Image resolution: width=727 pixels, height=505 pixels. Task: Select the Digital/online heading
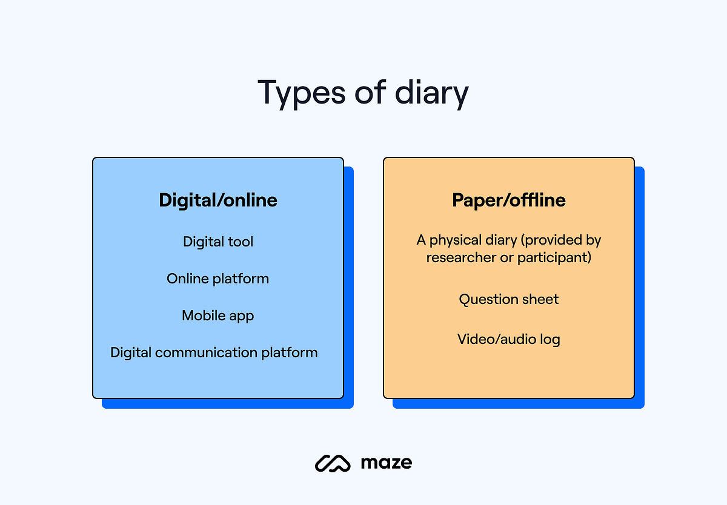click(x=218, y=200)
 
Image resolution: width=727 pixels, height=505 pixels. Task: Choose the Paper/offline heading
click(x=509, y=200)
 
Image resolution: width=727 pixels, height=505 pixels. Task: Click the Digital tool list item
click(x=218, y=242)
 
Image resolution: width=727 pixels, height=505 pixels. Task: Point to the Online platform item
click(x=218, y=279)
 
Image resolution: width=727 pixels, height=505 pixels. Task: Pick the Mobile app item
click(x=218, y=315)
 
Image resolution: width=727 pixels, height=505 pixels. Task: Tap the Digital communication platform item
click(x=214, y=352)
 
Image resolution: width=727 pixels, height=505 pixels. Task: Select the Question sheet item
click(x=509, y=299)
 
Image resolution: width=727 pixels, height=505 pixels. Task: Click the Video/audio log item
click(x=509, y=339)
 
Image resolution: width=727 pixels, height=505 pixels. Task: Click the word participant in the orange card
click(x=554, y=257)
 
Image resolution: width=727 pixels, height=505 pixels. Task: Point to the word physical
click(x=457, y=240)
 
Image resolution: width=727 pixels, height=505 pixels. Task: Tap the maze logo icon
click(x=333, y=463)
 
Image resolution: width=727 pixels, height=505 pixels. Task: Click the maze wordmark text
click(x=386, y=463)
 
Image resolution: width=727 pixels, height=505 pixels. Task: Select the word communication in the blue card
click(x=207, y=352)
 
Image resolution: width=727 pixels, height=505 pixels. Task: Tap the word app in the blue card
click(x=241, y=316)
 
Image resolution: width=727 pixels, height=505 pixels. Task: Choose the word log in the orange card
click(x=550, y=339)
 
